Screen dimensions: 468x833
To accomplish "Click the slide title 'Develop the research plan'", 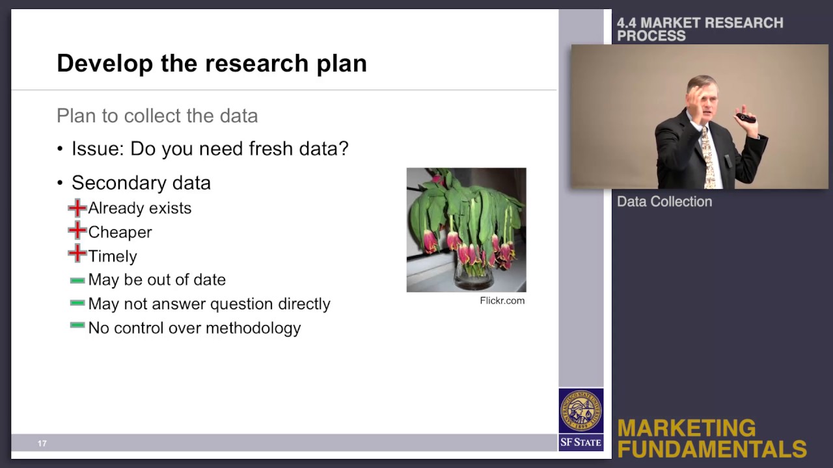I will point(212,63).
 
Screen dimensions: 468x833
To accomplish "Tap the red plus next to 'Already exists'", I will point(77,208).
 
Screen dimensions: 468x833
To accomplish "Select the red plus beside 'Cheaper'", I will point(77,231).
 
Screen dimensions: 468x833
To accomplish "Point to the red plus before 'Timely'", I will point(77,255).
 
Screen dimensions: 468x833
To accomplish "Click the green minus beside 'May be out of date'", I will point(77,280).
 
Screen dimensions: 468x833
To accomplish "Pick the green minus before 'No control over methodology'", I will point(77,325).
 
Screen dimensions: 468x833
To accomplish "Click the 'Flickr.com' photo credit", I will point(502,300).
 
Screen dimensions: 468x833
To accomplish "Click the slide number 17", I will point(42,443).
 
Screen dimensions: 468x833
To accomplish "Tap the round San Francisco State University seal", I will point(581,411).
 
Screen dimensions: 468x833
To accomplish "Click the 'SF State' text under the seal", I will point(580,443).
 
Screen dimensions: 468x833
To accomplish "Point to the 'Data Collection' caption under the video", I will point(664,201).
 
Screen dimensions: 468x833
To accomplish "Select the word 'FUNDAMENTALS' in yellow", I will point(712,448).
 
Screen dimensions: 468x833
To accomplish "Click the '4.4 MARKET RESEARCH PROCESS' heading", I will point(700,29).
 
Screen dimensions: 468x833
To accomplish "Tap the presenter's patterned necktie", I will point(707,156).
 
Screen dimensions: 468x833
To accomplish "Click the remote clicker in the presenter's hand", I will point(745,118).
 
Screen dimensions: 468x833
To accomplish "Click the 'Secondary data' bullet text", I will point(141,183).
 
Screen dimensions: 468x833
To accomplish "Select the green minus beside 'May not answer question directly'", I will point(77,302).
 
